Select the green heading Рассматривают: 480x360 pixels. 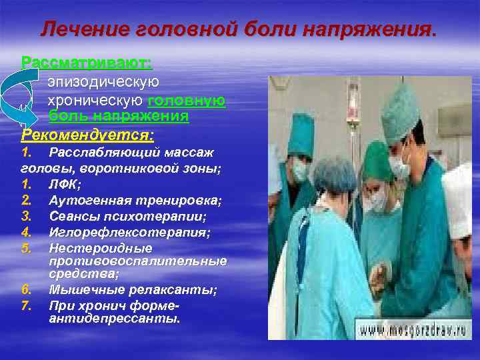87,63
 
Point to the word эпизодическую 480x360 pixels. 103,82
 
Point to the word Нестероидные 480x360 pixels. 101,248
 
